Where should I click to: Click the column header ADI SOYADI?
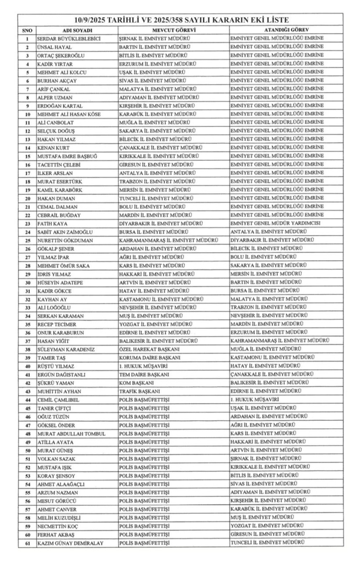(77, 30)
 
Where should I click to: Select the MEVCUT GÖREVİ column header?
(174, 30)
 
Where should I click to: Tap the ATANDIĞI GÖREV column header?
(286, 30)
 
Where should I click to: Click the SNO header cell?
(27, 30)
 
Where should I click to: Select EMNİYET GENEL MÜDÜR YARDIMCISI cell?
(277, 223)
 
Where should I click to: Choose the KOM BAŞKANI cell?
(136, 383)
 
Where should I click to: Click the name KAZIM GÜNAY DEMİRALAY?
(71, 543)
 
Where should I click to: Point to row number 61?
(27, 543)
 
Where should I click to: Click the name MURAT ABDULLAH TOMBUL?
(72, 434)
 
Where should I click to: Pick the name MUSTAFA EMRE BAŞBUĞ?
(67, 156)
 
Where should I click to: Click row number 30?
(27, 283)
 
